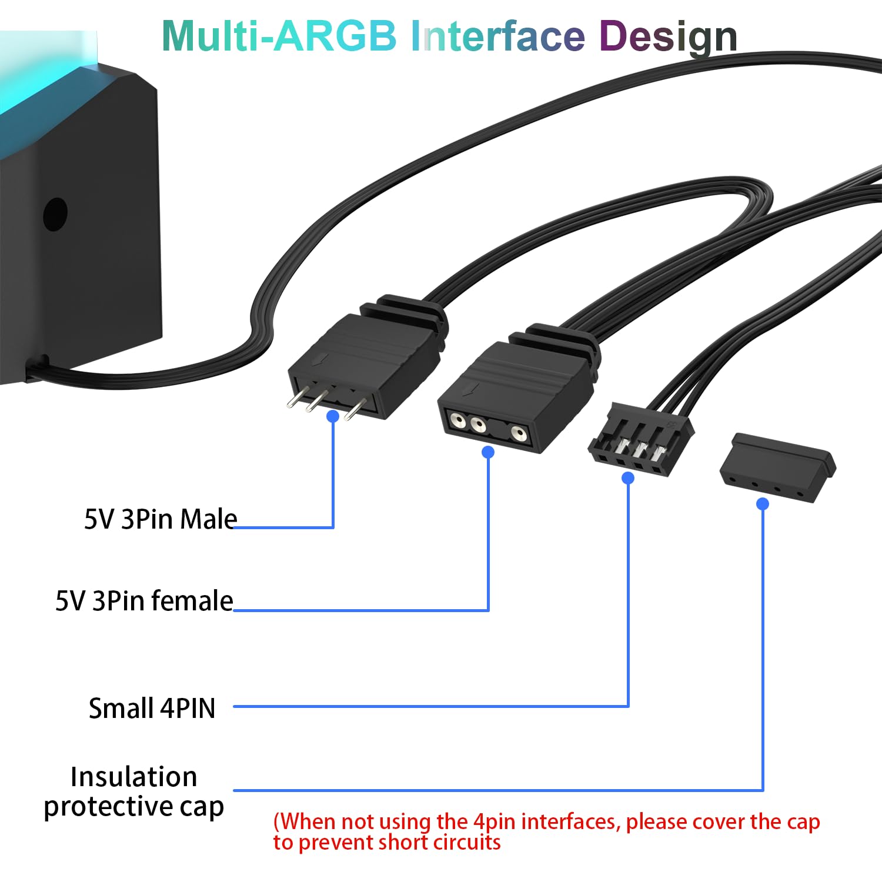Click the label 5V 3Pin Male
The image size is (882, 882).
point(161,519)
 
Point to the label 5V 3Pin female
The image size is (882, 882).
point(144,601)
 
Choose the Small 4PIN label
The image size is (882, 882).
point(152,708)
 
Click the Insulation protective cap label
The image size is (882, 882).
point(133,791)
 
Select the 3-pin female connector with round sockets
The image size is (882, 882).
point(512,394)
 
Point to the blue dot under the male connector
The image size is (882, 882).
point(333,416)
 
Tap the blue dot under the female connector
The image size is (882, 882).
point(488,452)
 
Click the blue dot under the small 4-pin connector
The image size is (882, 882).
point(628,478)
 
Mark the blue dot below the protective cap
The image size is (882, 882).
point(763,504)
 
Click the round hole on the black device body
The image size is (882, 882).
point(55,214)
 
